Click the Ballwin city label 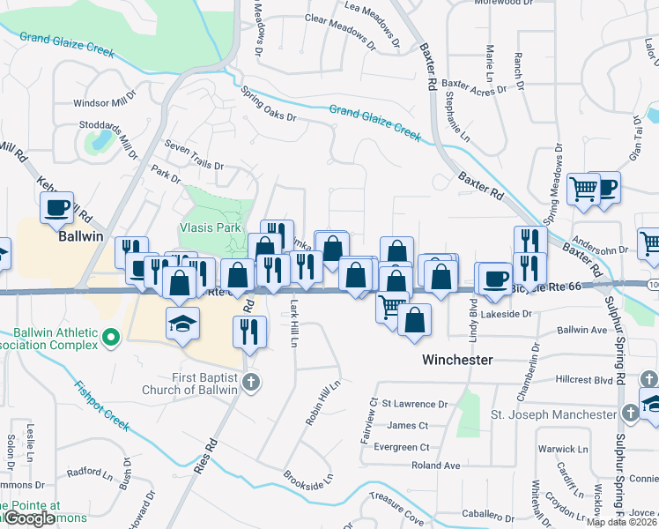(x=81, y=236)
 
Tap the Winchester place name (x=456, y=360)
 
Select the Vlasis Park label (x=211, y=227)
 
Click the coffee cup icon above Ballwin (x=58, y=209)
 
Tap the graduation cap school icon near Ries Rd (x=182, y=324)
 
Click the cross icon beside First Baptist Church (x=251, y=382)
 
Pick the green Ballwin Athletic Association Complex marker (x=110, y=337)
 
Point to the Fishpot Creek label (x=102, y=406)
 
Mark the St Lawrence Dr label (x=414, y=404)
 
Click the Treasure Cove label (x=396, y=511)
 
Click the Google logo (x=29, y=518)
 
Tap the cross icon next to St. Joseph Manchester (x=630, y=414)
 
